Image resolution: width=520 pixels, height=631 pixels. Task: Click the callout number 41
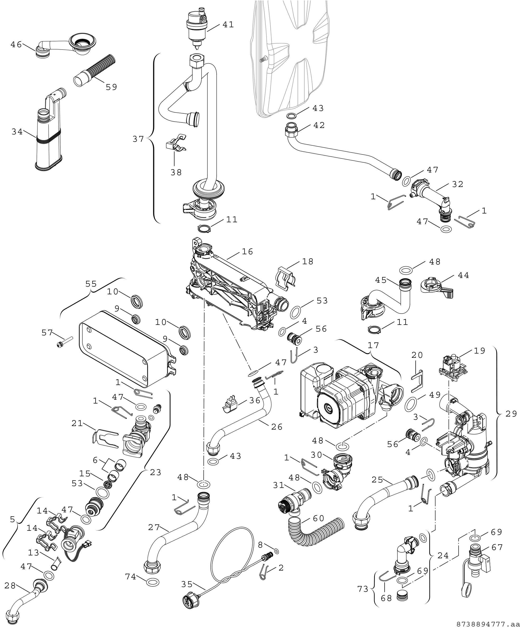(228, 25)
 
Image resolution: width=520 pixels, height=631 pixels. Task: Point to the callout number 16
(247, 252)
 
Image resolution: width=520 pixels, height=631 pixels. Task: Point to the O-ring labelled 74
(153, 582)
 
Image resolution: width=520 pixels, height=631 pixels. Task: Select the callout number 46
(16, 45)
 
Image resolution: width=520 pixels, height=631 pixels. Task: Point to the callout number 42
(319, 125)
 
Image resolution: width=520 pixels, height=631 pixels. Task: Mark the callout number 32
(457, 184)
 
